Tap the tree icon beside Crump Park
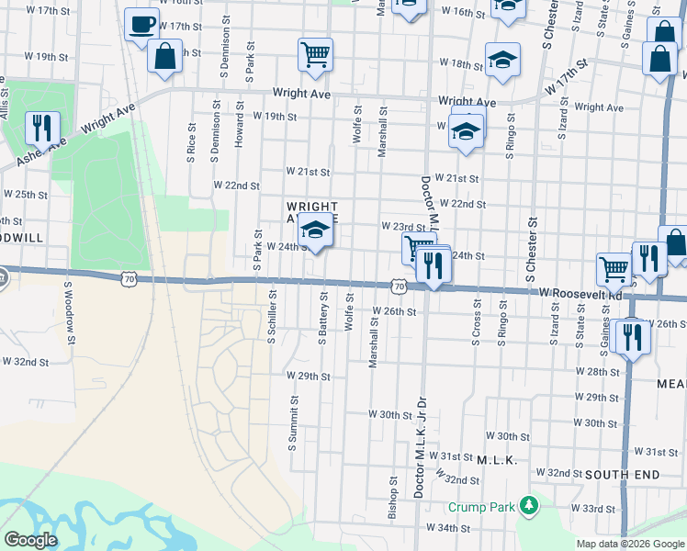(528, 506)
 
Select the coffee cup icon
(141, 25)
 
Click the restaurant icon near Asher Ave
(41, 129)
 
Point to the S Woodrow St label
(67, 309)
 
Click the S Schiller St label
(271, 317)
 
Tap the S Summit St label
(293, 423)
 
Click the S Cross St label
(477, 322)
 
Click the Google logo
(30, 540)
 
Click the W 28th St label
(597, 371)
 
